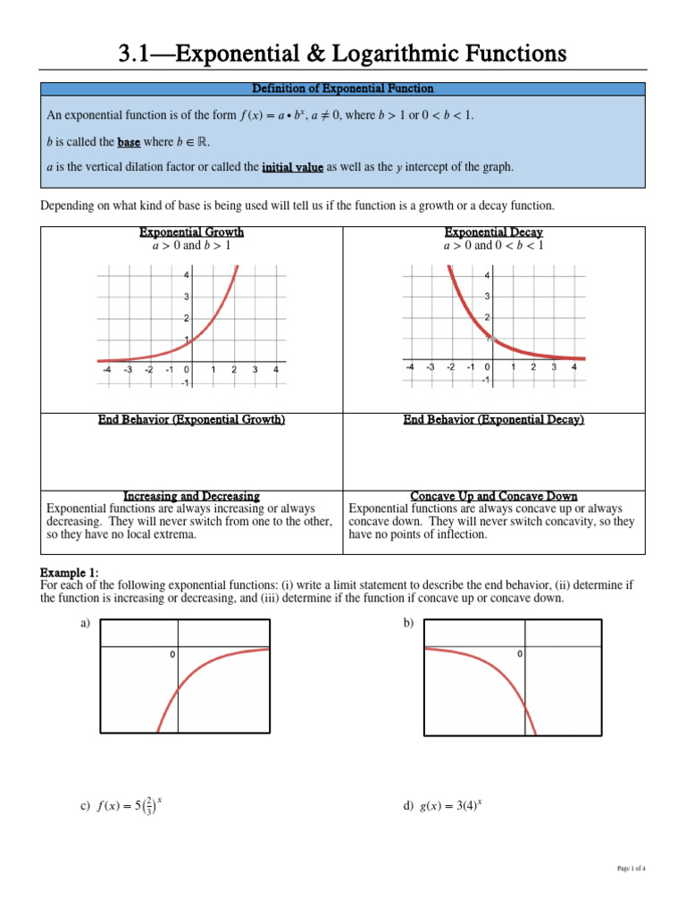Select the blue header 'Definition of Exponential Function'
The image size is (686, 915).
(x=343, y=88)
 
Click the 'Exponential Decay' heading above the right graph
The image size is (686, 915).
(x=493, y=232)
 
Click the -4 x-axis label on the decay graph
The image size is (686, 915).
(x=409, y=366)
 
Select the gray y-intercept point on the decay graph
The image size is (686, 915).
(x=489, y=339)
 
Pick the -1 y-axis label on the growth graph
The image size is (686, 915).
(x=185, y=383)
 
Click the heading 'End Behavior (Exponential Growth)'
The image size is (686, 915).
(x=191, y=420)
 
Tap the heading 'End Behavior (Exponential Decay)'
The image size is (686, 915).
(x=493, y=420)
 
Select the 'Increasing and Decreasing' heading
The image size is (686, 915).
(x=191, y=496)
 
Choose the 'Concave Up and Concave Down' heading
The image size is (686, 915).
(x=493, y=496)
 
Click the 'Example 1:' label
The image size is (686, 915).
(x=70, y=572)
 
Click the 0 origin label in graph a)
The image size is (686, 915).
(x=172, y=655)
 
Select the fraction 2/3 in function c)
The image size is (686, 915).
(x=149, y=808)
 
